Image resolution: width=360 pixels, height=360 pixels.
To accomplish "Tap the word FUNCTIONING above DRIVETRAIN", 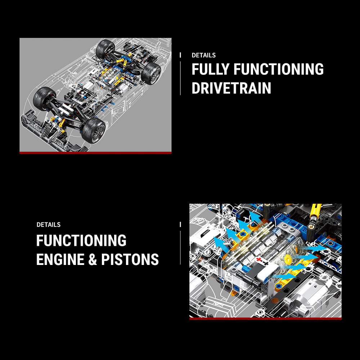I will pyautogui.click(x=278, y=69).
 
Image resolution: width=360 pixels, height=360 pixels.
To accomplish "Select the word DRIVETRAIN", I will pyautogui.click(x=231, y=88).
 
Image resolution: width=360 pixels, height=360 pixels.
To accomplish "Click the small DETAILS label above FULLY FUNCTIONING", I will pyautogui.click(x=204, y=55).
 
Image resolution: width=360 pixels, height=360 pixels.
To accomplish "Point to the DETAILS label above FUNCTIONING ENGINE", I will pyautogui.click(x=49, y=225).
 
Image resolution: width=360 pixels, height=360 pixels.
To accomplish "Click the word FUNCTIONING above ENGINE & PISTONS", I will pyautogui.click(x=81, y=240).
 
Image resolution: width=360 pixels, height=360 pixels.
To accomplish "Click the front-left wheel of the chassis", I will pyautogui.click(x=44, y=98).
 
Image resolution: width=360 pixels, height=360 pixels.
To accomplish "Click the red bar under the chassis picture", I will pyautogui.click(x=95, y=153).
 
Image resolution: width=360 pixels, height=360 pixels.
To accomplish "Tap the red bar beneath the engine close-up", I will pyautogui.click(x=265, y=318).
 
